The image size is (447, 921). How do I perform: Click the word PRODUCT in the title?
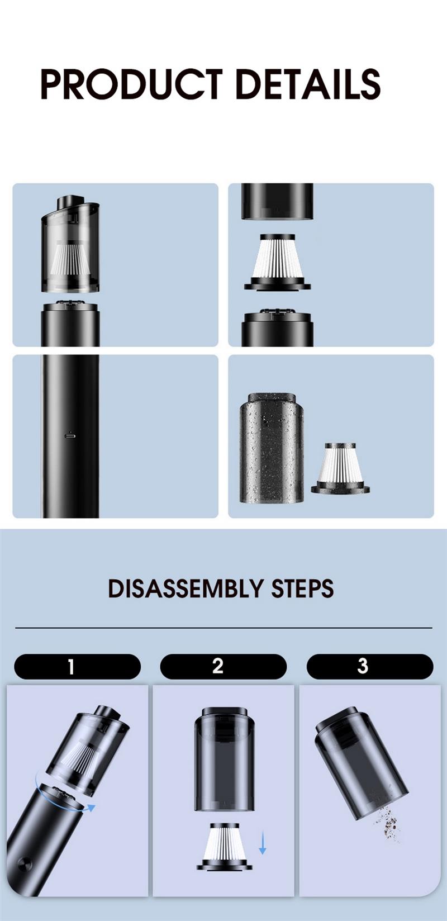[x=132, y=84]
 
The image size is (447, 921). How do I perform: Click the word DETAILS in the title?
[x=309, y=84]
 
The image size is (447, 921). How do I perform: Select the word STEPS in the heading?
[x=302, y=588]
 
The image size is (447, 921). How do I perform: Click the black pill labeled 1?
[x=77, y=667]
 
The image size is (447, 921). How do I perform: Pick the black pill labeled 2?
[x=223, y=667]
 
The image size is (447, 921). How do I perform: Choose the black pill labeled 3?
[x=370, y=667]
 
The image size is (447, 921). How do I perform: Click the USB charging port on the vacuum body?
[x=70, y=435]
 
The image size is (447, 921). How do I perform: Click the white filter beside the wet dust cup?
[x=340, y=468]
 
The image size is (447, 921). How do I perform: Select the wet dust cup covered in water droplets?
[x=272, y=448]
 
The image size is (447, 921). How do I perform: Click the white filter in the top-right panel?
[x=278, y=262]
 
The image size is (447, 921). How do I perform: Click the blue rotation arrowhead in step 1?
[x=91, y=808]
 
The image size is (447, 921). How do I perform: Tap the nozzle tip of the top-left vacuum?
[x=70, y=201]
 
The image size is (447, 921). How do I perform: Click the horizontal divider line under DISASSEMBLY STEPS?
[x=223, y=628]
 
